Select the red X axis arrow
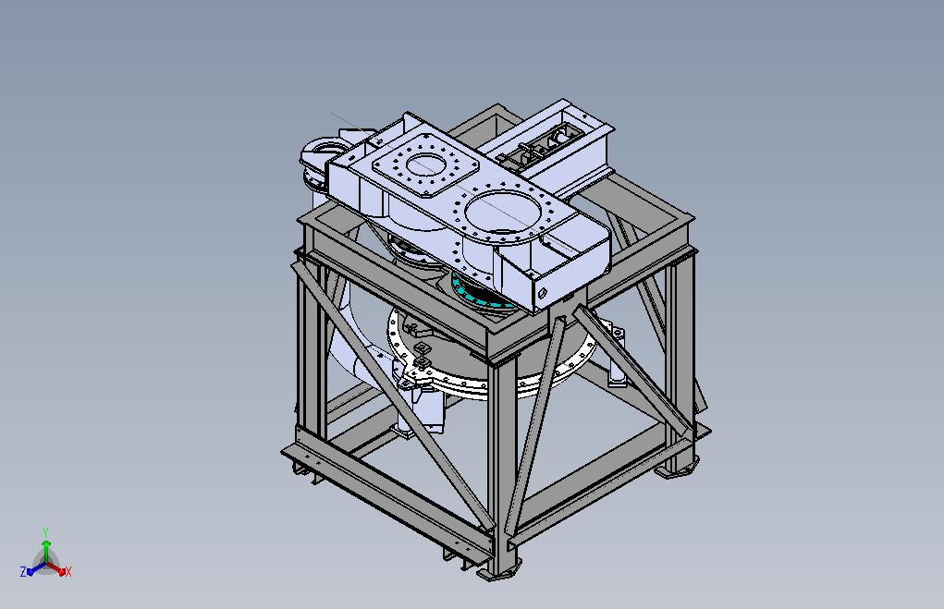(x=57, y=568)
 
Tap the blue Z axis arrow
(x=35, y=568)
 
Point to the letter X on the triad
(x=68, y=572)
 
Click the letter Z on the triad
(x=23, y=572)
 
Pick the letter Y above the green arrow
(x=45, y=532)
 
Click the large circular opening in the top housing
(x=501, y=213)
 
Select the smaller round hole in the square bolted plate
(x=424, y=164)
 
